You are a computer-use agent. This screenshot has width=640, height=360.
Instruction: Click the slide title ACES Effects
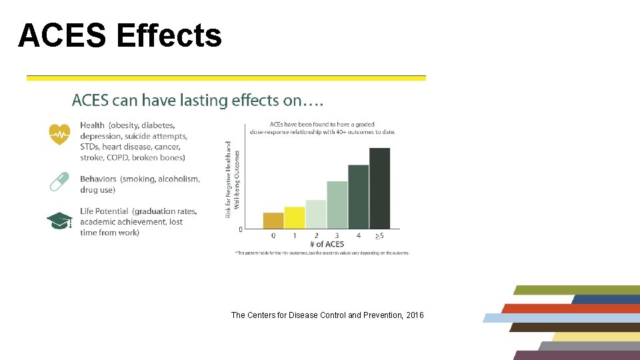click(x=120, y=36)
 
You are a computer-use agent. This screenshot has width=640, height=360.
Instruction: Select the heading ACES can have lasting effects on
click(x=198, y=101)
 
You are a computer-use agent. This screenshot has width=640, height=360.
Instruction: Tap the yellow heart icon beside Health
click(x=59, y=134)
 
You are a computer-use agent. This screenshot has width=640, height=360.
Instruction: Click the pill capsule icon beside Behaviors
click(x=59, y=181)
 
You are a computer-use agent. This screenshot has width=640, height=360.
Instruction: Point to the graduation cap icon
click(x=59, y=221)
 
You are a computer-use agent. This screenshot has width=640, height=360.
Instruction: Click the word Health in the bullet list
click(x=92, y=125)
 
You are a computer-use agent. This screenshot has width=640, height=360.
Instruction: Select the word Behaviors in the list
click(x=98, y=179)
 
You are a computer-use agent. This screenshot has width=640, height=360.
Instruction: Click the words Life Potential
click(x=104, y=211)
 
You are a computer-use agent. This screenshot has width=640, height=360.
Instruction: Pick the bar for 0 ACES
click(x=273, y=221)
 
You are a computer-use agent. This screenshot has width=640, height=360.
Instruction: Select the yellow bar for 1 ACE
click(x=294, y=218)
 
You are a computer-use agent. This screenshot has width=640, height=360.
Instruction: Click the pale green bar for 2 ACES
click(x=315, y=214)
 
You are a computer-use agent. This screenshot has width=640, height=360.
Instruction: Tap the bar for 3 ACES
click(x=337, y=205)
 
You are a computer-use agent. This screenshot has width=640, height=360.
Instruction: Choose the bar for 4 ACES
click(x=358, y=197)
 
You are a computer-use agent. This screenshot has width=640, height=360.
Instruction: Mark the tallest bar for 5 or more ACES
click(x=379, y=188)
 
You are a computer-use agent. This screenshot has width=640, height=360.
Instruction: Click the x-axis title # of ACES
click(x=326, y=244)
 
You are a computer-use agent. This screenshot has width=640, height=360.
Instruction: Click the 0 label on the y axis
click(x=240, y=229)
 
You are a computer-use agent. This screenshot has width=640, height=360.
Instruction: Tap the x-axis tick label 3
click(x=337, y=235)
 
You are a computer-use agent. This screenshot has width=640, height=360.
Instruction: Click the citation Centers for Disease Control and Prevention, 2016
click(x=327, y=315)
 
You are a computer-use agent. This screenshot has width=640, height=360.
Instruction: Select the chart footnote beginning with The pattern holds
click(x=322, y=253)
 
